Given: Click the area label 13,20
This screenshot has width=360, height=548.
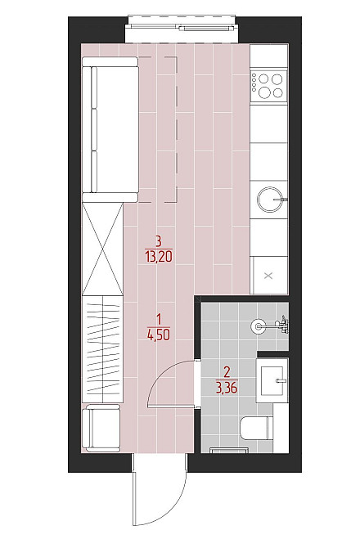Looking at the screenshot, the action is pyautogui.click(x=159, y=257).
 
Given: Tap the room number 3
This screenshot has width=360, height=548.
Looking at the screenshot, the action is pyautogui.click(x=159, y=241).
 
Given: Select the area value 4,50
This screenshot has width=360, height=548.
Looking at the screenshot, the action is pyautogui.click(x=159, y=335).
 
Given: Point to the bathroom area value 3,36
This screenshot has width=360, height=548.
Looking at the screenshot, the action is pyautogui.click(x=227, y=388).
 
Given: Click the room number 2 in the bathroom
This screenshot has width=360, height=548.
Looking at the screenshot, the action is pyautogui.click(x=227, y=372).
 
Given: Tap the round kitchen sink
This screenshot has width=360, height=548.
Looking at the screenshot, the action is pyautogui.click(x=269, y=200).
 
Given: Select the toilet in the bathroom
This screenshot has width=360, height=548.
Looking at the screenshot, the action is pyautogui.click(x=257, y=429).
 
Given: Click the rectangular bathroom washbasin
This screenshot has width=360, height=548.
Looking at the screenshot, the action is pyautogui.click(x=272, y=380).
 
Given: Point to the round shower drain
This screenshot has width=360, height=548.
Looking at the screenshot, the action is pyautogui.click(x=259, y=326).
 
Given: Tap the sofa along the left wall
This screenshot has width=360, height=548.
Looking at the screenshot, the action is pyautogui.click(x=110, y=129).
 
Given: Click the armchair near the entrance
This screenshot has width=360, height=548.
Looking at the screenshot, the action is pyautogui.click(x=101, y=427).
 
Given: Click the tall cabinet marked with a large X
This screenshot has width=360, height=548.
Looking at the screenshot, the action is pyautogui.click(x=103, y=249).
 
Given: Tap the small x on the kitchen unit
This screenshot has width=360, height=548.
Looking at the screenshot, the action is pyautogui.click(x=268, y=276).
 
